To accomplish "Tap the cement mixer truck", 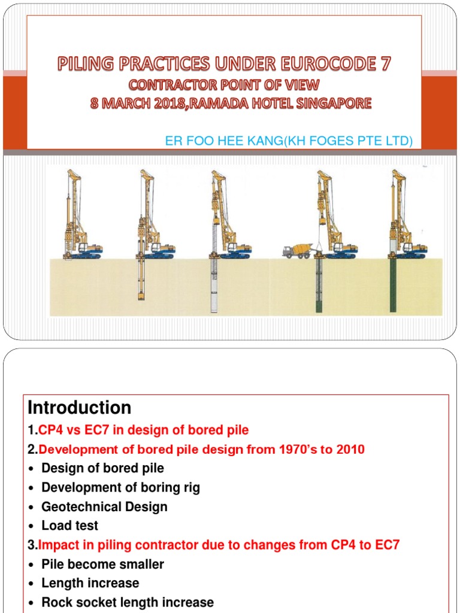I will tap(297, 250).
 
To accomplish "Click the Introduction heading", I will tap(80, 408).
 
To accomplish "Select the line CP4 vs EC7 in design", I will tap(143, 430).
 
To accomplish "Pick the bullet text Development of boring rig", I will tap(120, 487).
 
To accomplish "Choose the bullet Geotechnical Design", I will tap(104, 506).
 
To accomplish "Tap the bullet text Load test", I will tap(69, 526).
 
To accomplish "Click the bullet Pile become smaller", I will tap(102, 564).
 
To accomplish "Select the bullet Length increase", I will tap(90, 583).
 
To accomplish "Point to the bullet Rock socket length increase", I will tap(127, 602).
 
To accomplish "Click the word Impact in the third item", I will tap(56, 545).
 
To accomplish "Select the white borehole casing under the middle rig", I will tap(214, 286).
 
